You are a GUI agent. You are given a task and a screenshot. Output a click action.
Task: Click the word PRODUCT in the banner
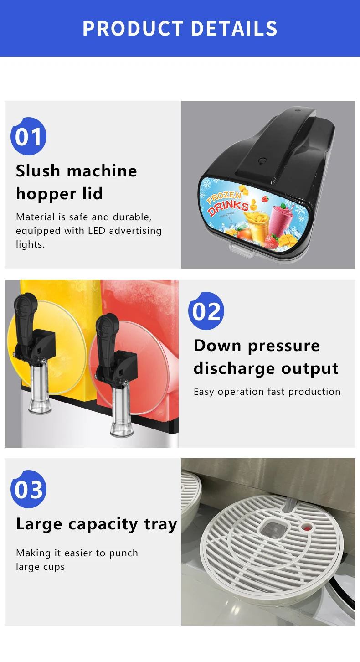[x=133, y=29]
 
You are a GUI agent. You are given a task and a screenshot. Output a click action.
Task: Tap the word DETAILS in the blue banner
[x=234, y=29]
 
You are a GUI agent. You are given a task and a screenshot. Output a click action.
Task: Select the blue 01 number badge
[x=28, y=136]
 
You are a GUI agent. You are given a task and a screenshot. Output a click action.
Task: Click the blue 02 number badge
[x=206, y=311]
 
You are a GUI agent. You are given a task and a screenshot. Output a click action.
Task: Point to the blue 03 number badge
[x=28, y=489]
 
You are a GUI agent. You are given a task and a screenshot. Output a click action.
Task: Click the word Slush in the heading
[x=38, y=171]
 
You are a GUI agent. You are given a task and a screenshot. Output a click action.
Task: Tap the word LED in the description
[x=97, y=231]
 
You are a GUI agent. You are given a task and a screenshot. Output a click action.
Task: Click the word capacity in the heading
[x=103, y=525]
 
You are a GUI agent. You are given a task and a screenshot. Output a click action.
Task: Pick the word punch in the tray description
[x=123, y=553]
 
